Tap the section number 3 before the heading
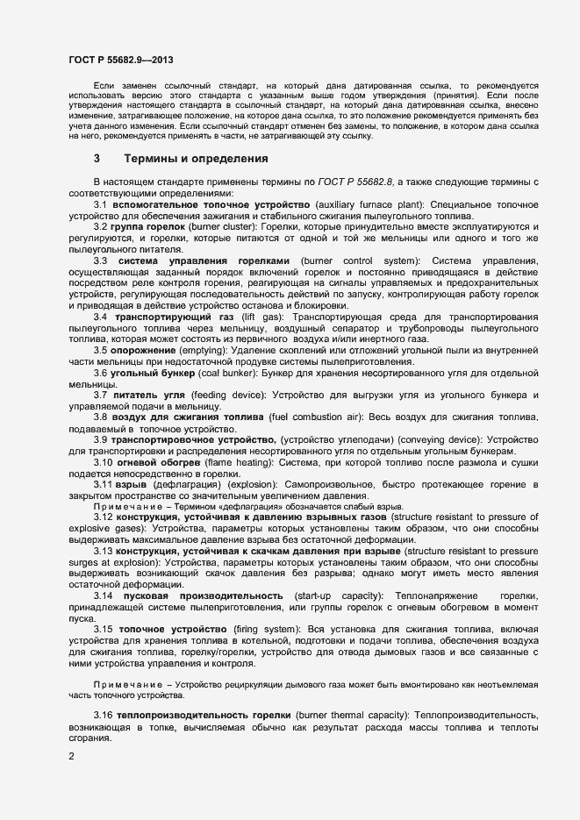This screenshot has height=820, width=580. click(97, 160)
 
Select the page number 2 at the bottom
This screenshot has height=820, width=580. click(71, 755)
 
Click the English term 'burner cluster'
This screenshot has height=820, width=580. click(221, 227)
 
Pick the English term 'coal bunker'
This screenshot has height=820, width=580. click(215, 373)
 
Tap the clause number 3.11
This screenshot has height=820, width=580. click(104, 484)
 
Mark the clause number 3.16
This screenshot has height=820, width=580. click(104, 717)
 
